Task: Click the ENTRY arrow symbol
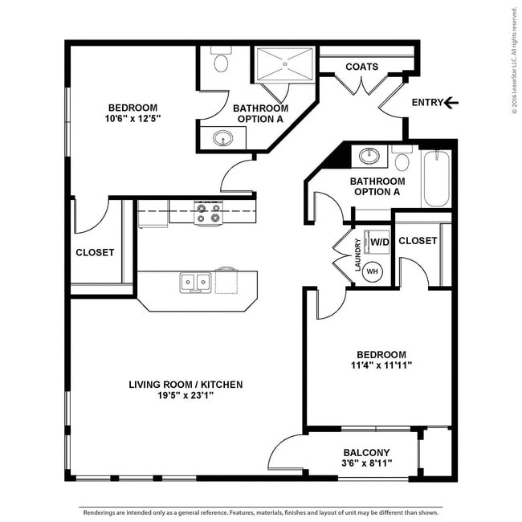click(x=451, y=102)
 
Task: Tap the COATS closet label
click(x=361, y=67)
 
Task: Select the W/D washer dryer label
click(x=379, y=241)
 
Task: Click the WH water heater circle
click(x=373, y=271)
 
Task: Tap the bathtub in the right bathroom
click(x=438, y=177)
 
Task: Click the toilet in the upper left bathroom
click(x=220, y=60)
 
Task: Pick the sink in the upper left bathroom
click(x=222, y=139)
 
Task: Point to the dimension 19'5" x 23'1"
click(x=186, y=396)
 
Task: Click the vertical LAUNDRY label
click(x=358, y=255)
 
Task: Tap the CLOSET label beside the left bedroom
click(x=95, y=252)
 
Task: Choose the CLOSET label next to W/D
click(x=418, y=241)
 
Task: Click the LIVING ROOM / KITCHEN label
click(x=186, y=385)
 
